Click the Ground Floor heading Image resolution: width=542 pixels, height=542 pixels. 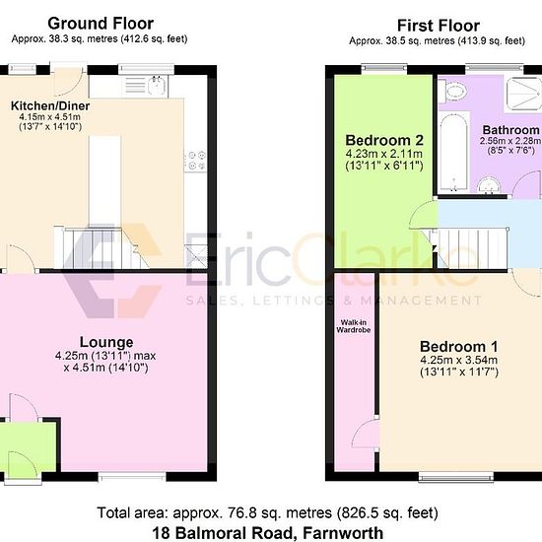[x=101, y=24]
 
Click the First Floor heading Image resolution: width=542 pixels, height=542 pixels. [x=439, y=26]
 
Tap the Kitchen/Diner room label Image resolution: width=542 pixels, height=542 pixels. [x=50, y=105]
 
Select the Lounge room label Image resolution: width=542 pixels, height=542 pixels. [x=106, y=342]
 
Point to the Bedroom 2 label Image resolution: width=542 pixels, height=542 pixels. [x=384, y=140]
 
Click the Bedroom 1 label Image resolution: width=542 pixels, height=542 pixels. [x=459, y=346]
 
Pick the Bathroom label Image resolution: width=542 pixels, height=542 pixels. [x=510, y=130]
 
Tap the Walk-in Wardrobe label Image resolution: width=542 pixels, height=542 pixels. [x=353, y=326]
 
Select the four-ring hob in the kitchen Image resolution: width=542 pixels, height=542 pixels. [x=196, y=161]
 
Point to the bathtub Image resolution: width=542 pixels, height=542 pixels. [x=453, y=152]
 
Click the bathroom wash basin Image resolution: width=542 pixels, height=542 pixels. [x=489, y=185]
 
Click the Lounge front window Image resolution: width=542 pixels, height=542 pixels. [x=132, y=476]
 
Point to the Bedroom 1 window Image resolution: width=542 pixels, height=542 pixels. [x=456, y=477]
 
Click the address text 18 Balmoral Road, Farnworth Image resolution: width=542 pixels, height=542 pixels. [x=267, y=533]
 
